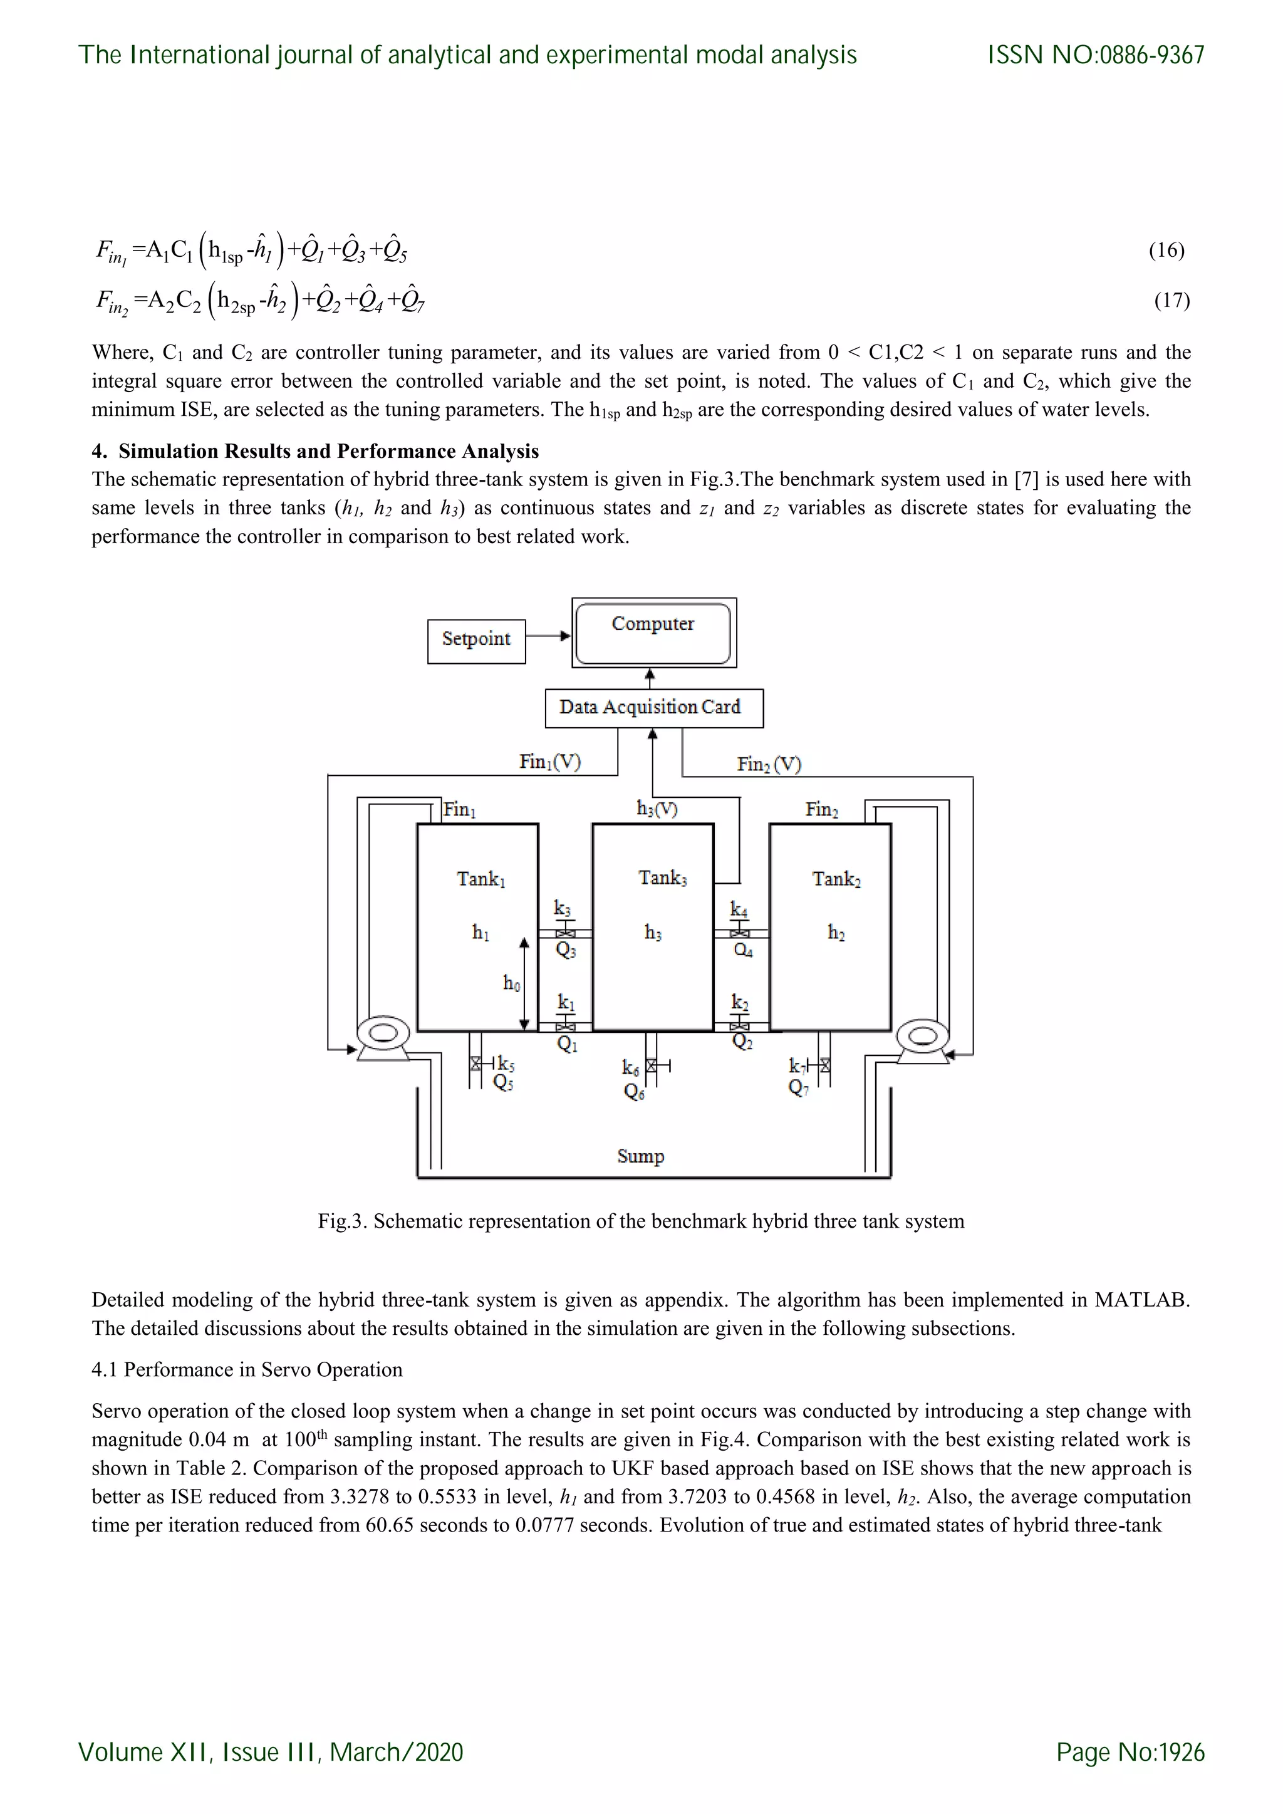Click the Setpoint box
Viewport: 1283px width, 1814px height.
(x=476, y=641)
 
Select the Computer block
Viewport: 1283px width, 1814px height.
(x=653, y=633)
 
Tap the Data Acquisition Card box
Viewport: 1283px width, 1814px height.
(x=653, y=708)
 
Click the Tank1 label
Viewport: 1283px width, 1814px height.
(x=480, y=879)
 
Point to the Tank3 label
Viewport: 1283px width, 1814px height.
(x=662, y=878)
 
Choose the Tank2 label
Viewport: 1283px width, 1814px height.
(x=836, y=879)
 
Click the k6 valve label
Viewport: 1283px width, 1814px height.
(x=630, y=1068)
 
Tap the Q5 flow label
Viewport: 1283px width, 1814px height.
(x=503, y=1082)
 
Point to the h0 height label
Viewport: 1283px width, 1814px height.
(x=512, y=983)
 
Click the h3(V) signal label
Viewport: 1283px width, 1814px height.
(x=657, y=809)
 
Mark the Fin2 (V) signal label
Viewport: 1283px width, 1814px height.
(x=769, y=765)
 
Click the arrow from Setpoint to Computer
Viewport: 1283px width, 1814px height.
(x=548, y=636)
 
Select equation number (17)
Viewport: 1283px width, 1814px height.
(x=1171, y=300)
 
